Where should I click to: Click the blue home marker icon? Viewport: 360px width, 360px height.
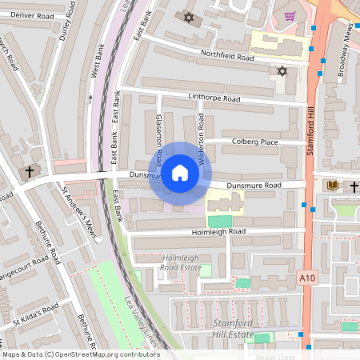[180, 172]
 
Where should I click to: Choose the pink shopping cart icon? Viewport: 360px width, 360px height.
[289, 16]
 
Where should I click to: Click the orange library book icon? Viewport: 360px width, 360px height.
[332, 186]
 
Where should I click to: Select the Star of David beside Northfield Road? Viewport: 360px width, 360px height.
[282, 72]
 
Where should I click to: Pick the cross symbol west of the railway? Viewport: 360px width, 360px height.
[30, 171]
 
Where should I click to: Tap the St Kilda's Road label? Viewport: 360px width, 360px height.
[34, 313]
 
